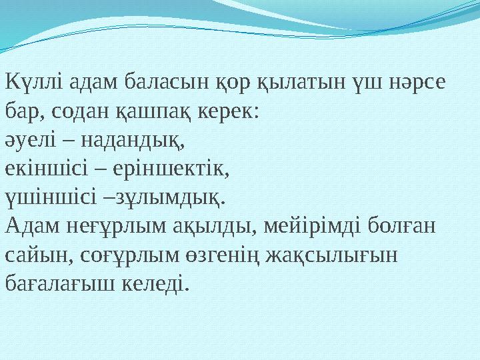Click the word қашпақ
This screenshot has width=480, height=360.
coord(161,111)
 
